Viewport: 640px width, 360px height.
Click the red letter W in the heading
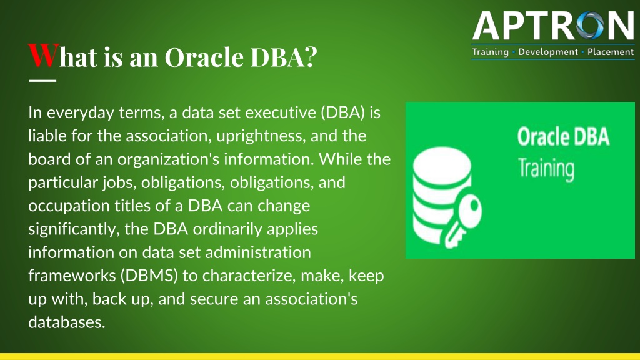coord(44,55)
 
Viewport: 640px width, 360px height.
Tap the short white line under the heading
coord(43,81)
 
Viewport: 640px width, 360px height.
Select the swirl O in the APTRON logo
coord(589,26)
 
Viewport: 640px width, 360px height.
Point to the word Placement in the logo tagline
coord(611,52)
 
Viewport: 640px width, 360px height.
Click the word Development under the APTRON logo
coord(548,52)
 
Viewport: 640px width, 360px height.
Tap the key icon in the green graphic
coord(463,223)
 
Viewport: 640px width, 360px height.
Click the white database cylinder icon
coord(442,196)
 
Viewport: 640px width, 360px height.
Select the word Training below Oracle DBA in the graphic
coord(546,168)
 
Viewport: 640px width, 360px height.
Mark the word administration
coord(258,252)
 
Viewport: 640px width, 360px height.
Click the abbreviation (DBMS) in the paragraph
coord(149,276)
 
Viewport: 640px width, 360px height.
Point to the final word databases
coord(67,322)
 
